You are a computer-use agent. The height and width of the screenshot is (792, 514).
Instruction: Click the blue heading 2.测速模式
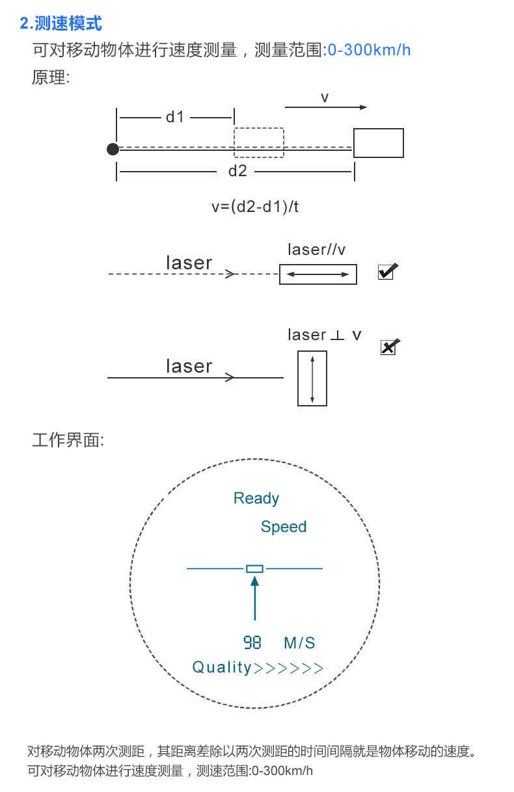tap(61, 24)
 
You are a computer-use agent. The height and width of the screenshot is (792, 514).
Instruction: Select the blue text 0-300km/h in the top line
tap(369, 50)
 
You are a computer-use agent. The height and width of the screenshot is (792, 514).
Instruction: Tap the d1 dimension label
tap(175, 117)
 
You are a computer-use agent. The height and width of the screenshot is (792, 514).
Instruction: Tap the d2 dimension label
tap(237, 171)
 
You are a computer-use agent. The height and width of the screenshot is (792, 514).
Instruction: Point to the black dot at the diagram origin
tap(113, 149)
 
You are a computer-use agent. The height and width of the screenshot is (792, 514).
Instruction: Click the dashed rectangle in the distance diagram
tap(259, 142)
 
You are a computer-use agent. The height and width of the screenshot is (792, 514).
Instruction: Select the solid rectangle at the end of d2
tap(378, 143)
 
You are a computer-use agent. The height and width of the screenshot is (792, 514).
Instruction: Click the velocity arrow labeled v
tap(326, 107)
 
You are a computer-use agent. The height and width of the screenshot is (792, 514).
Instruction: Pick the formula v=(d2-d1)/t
tap(255, 207)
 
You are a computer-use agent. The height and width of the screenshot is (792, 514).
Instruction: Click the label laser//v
tap(317, 250)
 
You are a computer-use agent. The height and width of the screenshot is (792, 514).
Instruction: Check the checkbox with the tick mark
tap(386, 272)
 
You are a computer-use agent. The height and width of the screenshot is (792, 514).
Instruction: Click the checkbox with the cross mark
tap(388, 348)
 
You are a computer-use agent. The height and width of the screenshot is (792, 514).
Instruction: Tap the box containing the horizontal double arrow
tap(318, 274)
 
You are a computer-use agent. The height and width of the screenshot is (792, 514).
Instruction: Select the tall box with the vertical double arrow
tap(312, 378)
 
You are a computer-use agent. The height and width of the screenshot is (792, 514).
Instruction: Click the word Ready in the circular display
tap(256, 499)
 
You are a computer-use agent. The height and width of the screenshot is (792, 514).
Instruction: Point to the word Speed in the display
tap(283, 527)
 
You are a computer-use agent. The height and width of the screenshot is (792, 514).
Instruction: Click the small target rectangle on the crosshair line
tap(254, 569)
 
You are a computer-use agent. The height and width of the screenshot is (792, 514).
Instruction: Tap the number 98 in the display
tap(252, 643)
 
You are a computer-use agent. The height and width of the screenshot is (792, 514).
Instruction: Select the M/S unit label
tap(299, 643)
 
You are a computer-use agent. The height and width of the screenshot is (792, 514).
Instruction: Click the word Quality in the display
tap(222, 667)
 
